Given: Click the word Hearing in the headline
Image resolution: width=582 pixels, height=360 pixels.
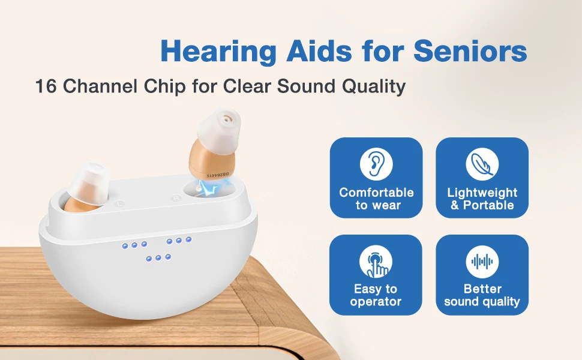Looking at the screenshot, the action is click(x=218, y=51).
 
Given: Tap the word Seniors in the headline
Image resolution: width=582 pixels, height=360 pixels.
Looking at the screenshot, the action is click(x=470, y=50).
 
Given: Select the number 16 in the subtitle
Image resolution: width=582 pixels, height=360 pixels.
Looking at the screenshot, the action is click(x=46, y=86).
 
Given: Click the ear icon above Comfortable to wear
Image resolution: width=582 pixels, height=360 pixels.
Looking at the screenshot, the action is click(x=376, y=164).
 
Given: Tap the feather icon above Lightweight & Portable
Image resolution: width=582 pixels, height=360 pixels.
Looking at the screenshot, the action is click(x=482, y=164).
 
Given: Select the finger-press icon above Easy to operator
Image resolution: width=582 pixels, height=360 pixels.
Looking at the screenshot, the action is click(x=376, y=262).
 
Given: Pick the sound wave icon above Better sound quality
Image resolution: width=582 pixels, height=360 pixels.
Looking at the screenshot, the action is click(x=482, y=262).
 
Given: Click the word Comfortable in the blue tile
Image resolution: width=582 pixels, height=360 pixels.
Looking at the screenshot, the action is click(x=376, y=192).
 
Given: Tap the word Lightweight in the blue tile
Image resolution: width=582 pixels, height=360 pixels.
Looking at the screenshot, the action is click(x=482, y=193).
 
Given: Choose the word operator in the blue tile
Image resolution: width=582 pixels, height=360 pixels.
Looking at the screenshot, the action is click(x=376, y=302).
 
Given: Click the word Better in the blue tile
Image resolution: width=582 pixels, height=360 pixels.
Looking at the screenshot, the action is click(x=482, y=289).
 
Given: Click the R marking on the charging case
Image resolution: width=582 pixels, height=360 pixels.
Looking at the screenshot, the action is click(x=176, y=198).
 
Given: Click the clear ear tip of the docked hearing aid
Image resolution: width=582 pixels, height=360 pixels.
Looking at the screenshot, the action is click(x=89, y=179).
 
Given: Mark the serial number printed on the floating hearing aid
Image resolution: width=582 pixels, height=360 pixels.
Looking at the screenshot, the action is click(x=218, y=174).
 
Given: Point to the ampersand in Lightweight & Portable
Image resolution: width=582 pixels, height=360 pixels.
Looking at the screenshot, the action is click(x=455, y=205).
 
